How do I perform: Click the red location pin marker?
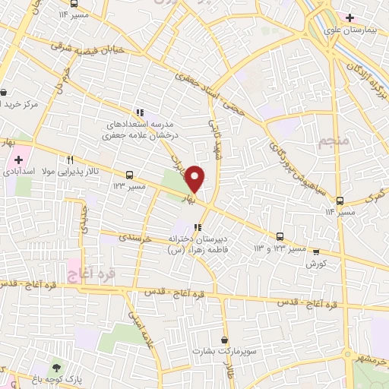(x=195, y=178)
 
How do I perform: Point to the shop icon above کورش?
(x=316, y=251)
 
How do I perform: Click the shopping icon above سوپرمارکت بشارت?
(x=224, y=340)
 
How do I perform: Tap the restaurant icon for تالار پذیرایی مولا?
(x=70, y=160)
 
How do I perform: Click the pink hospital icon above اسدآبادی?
(x=17, y=160)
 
